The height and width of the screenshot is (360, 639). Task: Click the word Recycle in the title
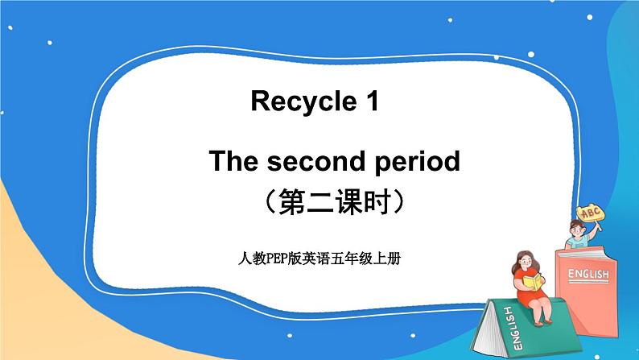(x=297, y=102)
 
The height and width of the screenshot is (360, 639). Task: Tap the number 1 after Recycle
(x=370, y=101)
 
